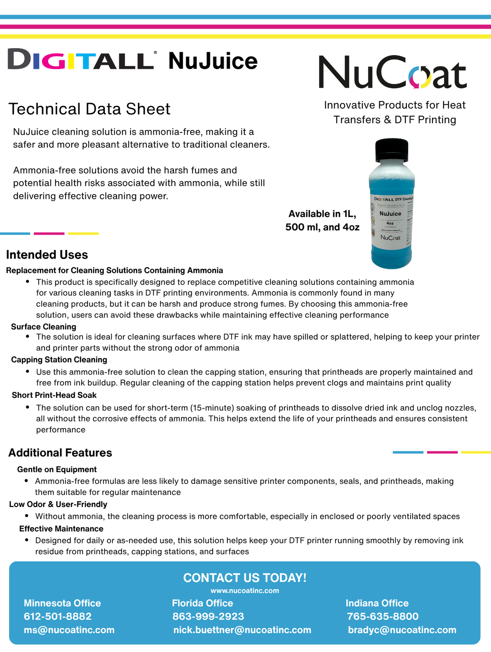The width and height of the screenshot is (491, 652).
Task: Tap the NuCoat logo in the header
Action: pos(392,72)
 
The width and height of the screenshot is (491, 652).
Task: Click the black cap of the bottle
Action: pos(391,150)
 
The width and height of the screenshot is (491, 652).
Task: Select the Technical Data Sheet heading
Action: pos(89,109)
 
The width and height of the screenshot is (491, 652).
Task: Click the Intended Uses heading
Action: pos(47,255)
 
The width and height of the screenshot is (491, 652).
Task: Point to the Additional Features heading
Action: pos(60,453)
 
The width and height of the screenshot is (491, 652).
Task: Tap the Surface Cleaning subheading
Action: pos(43,327)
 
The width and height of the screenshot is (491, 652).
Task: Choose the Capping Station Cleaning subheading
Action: pos(59,360)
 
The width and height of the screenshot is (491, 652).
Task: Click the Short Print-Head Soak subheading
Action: pos(54,395)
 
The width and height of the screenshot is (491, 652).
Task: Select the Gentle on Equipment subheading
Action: pos(57,469)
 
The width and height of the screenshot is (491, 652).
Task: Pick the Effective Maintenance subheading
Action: pos(61,529)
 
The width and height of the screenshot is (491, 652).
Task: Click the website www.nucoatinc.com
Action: pos(245,591)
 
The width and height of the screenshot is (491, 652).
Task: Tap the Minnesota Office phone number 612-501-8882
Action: pos(58,616)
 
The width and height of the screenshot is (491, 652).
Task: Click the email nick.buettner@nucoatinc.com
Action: pos(242,630)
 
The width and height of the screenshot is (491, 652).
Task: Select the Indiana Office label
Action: pos(377,603)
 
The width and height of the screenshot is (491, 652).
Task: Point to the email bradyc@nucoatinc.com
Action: pos(402,630)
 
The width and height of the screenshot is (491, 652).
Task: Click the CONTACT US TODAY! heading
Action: pos(245,578)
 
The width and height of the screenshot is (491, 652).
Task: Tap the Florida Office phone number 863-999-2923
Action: pos(208,616)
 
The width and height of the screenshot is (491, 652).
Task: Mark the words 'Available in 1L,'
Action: pos(322,214)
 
